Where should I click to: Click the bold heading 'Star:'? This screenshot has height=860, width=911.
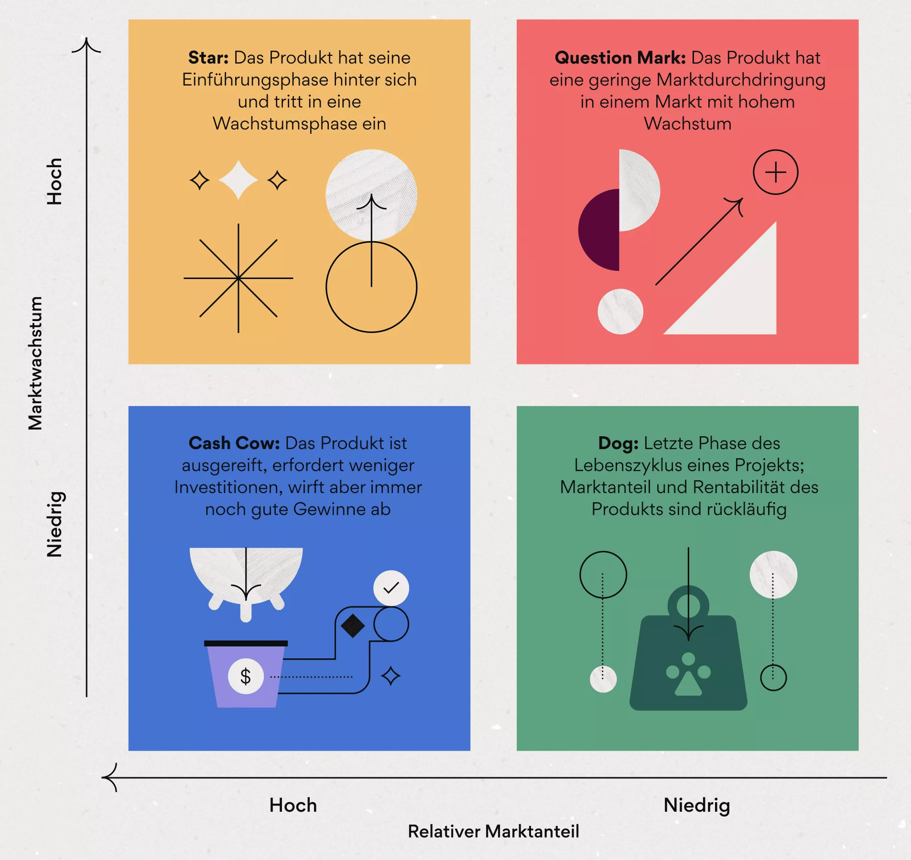tap(208, 58)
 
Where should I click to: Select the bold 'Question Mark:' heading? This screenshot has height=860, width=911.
tap(620, 58)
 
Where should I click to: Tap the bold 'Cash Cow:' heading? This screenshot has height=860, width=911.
tap(234, 443)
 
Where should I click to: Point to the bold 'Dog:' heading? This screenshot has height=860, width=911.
tap(618, 443)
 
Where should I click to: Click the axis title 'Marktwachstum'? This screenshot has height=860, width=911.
tap(35, 363)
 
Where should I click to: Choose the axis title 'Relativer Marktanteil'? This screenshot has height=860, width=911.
tap(493, 832)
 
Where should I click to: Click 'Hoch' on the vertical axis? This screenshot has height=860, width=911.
tap(54, 182)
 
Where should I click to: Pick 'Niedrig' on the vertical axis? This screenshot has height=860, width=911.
tap(54, 524)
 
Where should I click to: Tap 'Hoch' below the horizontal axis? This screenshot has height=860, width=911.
tap(293, 806)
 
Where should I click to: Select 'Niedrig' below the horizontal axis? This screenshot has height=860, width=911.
tap(697, 806)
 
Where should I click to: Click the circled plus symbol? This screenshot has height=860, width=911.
tap(775, 172)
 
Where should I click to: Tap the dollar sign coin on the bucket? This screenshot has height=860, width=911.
tap(246, 677)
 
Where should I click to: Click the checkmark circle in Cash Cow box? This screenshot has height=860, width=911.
tap(391, 588)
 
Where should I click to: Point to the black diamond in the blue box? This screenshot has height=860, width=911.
tap(353, 626)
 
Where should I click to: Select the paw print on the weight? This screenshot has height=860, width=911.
tap(688, 675)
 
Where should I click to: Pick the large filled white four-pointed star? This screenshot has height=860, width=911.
tap(238, 180)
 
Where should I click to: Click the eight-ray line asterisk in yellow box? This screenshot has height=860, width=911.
tap(238, 278)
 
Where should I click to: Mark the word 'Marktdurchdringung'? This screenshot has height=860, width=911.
tap(741, 80)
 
